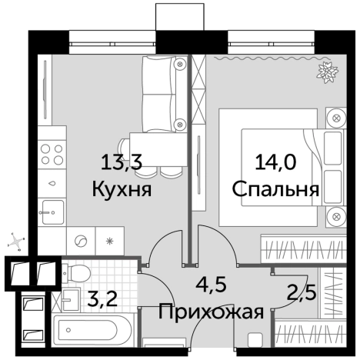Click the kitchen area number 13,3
point(122,163)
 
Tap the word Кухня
point(121,189)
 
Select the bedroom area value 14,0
point(275,163)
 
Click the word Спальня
point(275,189)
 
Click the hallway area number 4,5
point(207,286)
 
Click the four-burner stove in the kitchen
point(52,152)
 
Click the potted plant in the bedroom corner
point(326,73)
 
